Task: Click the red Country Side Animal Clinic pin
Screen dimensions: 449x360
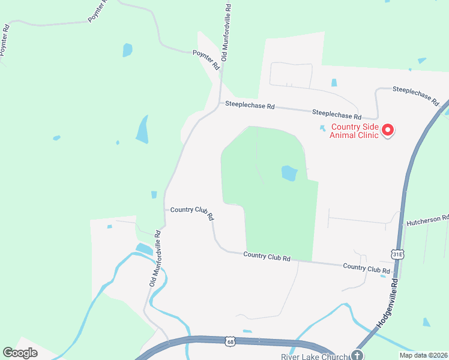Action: (388, 130)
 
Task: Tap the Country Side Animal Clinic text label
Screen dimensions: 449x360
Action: (354, 131)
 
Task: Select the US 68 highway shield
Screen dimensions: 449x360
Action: (231, 342)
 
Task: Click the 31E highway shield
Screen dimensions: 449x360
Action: (397, 255)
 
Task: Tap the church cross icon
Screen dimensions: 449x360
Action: (358, 355)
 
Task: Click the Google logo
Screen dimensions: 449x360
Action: (20, 353)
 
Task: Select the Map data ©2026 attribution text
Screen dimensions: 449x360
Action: (423, 355)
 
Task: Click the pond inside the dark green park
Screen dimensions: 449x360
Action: (289, 173)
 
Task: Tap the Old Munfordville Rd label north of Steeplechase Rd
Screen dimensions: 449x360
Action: (226, 32)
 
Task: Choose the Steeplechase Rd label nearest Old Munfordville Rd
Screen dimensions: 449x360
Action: (250, 106)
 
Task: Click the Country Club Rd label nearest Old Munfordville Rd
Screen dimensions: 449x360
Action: (192, 212)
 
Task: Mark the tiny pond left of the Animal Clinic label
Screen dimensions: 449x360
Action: (322, 127)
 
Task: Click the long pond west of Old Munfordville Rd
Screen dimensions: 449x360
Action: (142, 130)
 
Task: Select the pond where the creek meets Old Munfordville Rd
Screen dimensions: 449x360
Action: (144, 248)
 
